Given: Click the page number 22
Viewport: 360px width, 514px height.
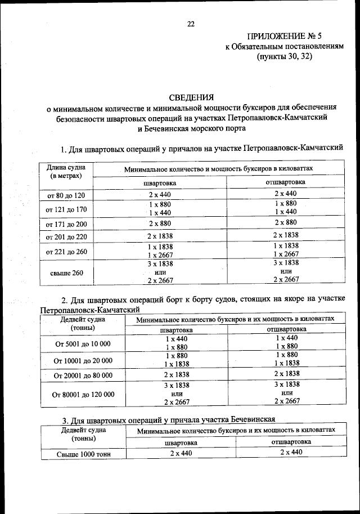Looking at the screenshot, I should (190, 24).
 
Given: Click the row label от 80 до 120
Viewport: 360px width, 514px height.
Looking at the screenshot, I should (65, 195).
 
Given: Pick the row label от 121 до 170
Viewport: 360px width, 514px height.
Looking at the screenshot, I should (65, 208).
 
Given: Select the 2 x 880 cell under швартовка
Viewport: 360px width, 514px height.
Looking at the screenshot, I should (160, 222).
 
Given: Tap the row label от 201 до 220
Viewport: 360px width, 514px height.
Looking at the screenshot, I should (65, 235).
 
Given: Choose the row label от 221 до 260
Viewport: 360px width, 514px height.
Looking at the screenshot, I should (65, 251).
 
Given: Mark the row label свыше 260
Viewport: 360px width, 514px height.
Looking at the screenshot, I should (65, 273).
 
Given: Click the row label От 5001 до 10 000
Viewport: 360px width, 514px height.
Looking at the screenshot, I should (83, 343).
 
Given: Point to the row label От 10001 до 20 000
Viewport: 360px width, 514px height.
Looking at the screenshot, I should (83, 360).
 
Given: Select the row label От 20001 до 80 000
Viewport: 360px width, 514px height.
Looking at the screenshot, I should (83, 374).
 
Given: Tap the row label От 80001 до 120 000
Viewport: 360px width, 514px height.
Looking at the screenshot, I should (83, 395).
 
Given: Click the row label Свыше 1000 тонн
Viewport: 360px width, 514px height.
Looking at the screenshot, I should (83, 454).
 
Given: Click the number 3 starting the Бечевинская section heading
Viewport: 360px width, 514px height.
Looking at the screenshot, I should (64, 421).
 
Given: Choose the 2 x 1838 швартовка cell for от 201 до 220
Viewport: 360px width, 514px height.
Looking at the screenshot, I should (160, 235).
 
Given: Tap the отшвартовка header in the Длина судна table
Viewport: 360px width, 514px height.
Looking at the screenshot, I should (286, 182).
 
